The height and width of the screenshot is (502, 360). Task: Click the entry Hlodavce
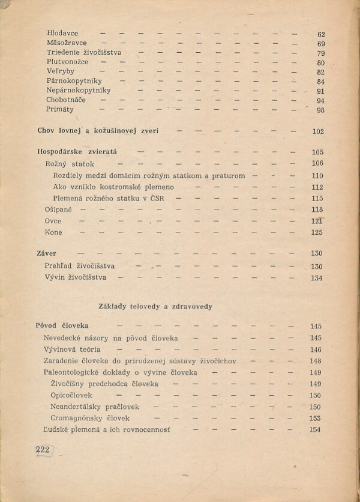tap(62, 34)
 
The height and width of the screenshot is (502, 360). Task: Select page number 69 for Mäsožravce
tap(321, 44)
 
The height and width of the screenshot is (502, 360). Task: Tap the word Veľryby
tap(61, 71)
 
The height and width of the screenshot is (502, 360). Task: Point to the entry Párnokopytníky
tap(74, 81)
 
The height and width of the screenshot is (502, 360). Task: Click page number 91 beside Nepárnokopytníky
tap(321, 91)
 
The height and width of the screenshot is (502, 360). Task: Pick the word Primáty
tap(60, 110)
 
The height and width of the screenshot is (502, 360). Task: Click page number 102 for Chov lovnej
tap(318, 132)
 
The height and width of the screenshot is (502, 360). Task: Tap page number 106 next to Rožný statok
tap(317, 163)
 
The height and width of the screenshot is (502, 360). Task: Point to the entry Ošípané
tap(58, 210)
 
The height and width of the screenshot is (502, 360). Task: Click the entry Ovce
tap(53, 221)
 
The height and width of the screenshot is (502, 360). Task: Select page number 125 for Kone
tap(317, 232)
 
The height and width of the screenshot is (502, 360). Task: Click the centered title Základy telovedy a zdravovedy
tap(149, 306)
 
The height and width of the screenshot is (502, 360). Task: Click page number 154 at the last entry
tap(315, 430)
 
